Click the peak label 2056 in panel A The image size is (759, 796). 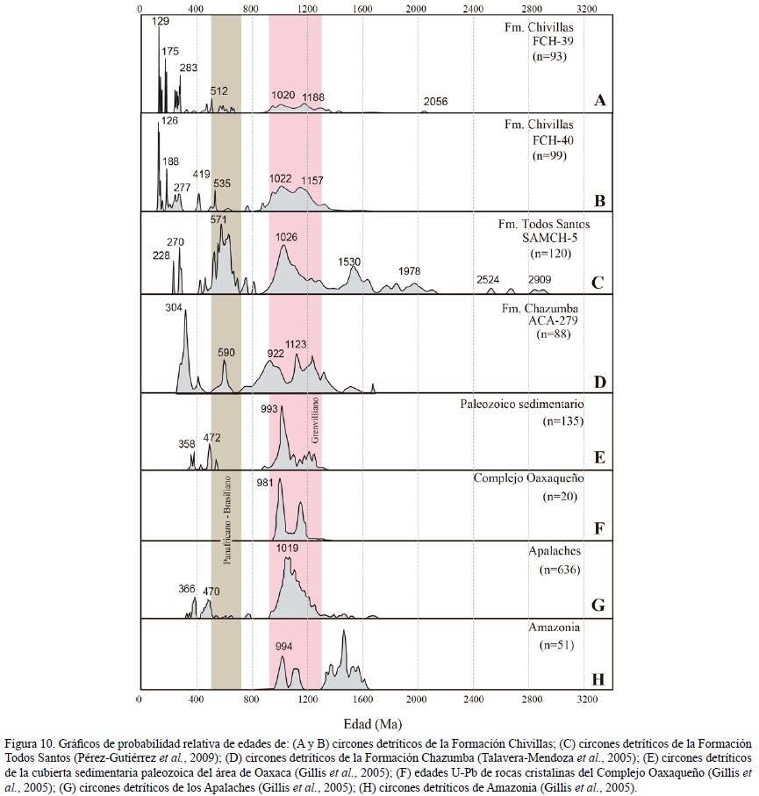coord(435,102)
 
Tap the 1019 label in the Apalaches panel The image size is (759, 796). coord(288,549)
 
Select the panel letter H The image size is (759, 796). coord(599,678)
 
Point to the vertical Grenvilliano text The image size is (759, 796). coord(312,420)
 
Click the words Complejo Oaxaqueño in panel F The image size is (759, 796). coord(528,478)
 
